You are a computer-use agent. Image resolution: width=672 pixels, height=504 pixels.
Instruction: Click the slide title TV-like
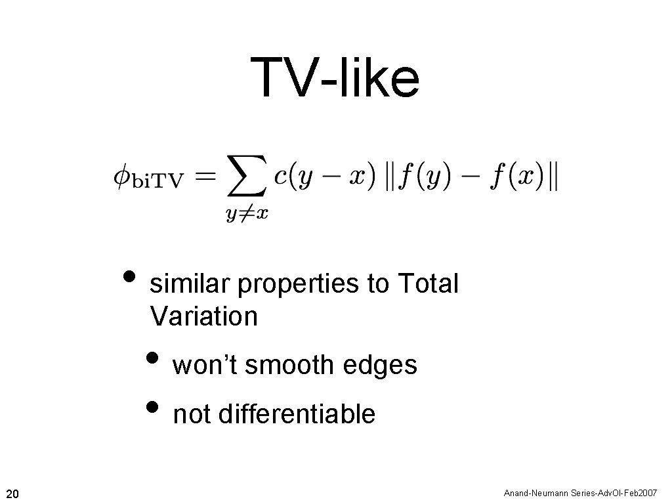click(x=335, y=77)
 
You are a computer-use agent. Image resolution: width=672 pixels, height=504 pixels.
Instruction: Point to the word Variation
click(x=203, y=316)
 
